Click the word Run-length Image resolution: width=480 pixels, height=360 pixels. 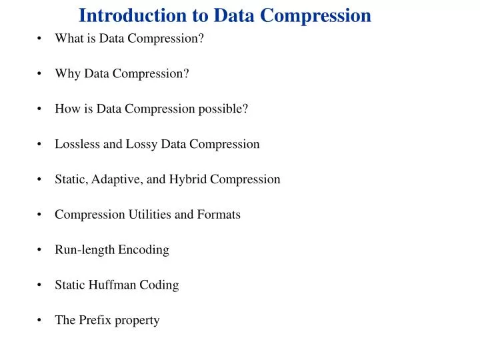pyautogui.click(x=85, y=250)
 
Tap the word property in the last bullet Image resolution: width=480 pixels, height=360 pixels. pyautogui.click(x=137, y=321)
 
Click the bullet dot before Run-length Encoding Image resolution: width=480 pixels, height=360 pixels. pyautogui.click(x=41, y=251)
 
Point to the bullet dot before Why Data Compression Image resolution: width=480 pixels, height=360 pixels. pyautogui.click(x=41, y=74)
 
